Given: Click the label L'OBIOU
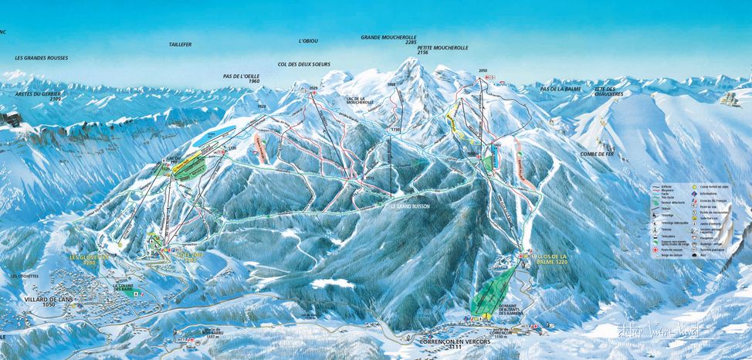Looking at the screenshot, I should click(x=310, y=41).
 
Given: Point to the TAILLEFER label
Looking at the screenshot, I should click(x=180, y=46).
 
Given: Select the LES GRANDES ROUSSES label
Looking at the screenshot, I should click(x=42, y=59).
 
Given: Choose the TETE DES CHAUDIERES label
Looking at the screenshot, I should click(x=609, y=92).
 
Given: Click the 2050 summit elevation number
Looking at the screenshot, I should click(x=483, y=71).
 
